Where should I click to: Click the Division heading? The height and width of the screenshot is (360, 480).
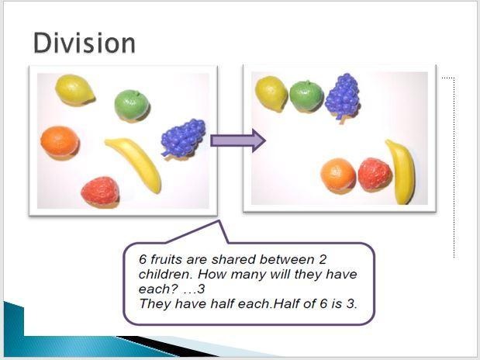click(x=85, y=43)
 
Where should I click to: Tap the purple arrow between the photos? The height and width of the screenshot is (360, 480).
click(x=238, y=140)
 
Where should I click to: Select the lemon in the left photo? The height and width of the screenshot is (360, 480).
click(x=74, y=90)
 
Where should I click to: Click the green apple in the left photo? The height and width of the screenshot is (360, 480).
click(x=132, y=105)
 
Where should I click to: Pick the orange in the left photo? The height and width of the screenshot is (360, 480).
click(x=60, y=142)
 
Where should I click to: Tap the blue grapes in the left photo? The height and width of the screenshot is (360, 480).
click(x=183, y=137)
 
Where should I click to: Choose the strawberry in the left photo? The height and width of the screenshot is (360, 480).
click(x=100, y=191)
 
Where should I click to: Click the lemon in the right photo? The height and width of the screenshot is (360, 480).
click(x=271, y=93)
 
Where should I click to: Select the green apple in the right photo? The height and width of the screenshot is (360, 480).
click(x=306, y=95)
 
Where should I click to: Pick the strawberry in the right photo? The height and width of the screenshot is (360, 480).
click(x=375, y=174)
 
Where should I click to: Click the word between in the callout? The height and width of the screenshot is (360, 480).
click(x=287, y=259)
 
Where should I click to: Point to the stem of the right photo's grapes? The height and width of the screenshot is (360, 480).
click(x=341, y=119)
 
